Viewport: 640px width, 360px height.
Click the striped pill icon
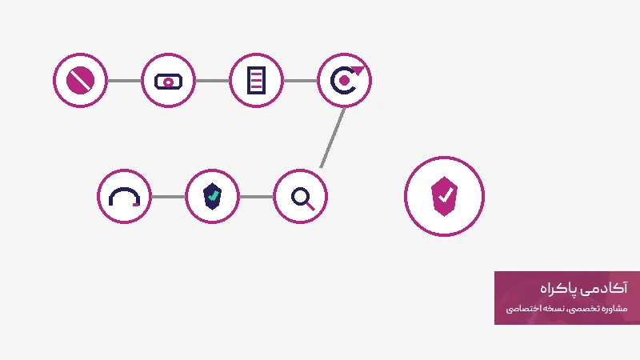[81, 81]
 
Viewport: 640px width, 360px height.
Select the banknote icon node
[168, 82]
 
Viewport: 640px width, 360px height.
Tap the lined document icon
[256, 81]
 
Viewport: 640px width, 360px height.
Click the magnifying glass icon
[303, 198]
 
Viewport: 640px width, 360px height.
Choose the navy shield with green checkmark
[212, 196]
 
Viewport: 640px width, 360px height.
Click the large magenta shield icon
[444, 196]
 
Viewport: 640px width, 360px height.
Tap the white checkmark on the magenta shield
[446, 194]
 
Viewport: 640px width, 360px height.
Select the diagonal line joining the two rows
[333, 138]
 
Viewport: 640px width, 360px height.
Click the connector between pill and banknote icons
[125, 81]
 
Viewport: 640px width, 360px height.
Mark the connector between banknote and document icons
[212, 81]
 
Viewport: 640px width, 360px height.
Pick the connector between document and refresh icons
[301, 81]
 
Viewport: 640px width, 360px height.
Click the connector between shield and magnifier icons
[256, 197]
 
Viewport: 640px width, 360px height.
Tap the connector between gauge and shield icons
[168, 197]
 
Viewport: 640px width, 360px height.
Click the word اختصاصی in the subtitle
[521, 309]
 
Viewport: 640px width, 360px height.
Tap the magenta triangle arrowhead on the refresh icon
[358, 70]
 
